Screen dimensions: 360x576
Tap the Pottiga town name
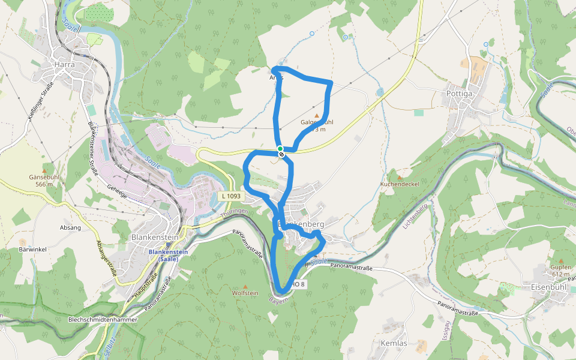(x=460, y=94)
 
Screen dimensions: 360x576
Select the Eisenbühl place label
(x=544, y=286)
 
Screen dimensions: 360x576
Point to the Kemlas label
(x=394, y=343)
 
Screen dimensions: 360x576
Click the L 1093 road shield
(x=230, y=196)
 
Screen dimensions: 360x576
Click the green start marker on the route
(x=280, y=148)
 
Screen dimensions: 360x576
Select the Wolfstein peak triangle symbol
(x=245, y=287)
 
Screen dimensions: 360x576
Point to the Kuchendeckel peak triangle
(x=400, y=178)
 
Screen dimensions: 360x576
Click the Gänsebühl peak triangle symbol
(x=44, y=170)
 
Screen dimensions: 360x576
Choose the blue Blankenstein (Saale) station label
(x=169, y=255)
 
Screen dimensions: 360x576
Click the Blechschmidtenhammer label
(x=103, y=320)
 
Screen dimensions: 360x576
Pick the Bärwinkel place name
(x=32, y=249)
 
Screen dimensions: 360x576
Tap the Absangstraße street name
(x=106, y=257)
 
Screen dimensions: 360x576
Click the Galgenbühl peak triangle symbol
(x=317, y=115)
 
